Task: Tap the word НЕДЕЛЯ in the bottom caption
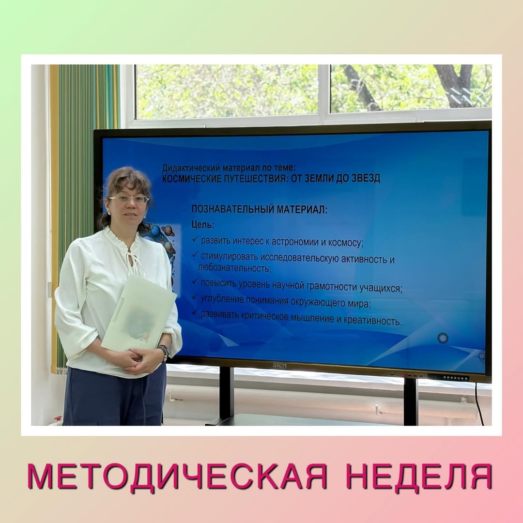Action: tap(419, 477)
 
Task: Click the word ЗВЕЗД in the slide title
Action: tap(366, 178)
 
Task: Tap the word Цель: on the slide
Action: tap(202, 225)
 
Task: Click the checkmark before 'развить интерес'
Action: tap(195, 239)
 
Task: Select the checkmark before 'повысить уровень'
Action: tap(195, 281)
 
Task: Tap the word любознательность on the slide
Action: tap(234, 267)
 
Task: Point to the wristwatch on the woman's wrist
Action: tap(164, 352)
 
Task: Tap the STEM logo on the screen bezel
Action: tap(279, 365)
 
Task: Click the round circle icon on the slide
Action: tap(443, 338)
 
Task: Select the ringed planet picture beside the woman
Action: tap(168, 231)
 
